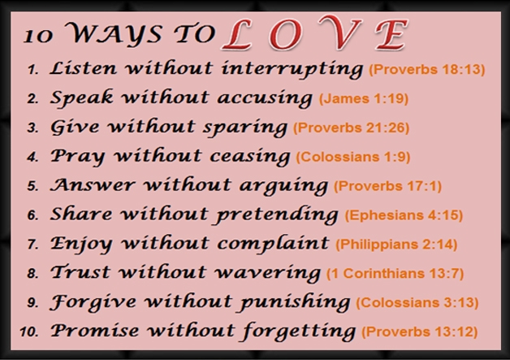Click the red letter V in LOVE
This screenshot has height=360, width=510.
tap(339, 33)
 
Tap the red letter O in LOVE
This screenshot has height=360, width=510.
tap(285, 35)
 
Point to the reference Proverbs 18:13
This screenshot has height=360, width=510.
tap(426, 69)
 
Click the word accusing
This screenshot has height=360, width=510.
tap(265, 98)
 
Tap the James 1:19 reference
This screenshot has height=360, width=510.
tap(364, 98)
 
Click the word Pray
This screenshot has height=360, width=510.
tap(78, 156)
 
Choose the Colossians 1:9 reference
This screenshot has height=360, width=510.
tap(353, 157)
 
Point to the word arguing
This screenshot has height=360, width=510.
tap(283, 186)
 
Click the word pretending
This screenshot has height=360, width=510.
tap(277, 215)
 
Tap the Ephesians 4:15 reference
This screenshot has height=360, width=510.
tap(404, 215)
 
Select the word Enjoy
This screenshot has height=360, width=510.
tap(82, 244)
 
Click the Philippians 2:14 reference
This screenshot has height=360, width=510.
tap(396, 244)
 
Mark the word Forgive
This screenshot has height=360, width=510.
tap(93, 301)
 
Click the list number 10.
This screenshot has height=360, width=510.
tap(29, 332)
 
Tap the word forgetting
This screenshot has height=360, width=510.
tap(299, 331)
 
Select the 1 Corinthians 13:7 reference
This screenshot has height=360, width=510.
tap(395, 273)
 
